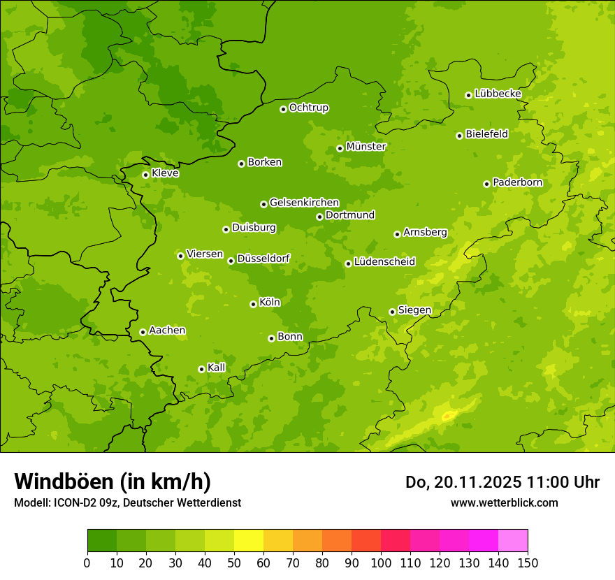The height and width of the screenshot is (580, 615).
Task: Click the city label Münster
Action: tap(366, 147)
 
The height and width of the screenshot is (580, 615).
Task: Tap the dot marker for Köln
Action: tap(253, 304)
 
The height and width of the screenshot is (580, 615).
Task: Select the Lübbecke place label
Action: tap(498, 94)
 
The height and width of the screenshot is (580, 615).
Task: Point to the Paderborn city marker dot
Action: tap(486, 184)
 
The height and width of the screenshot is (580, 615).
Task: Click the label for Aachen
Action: tap(167, 331)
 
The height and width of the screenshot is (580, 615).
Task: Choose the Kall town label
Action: tap(217, 368)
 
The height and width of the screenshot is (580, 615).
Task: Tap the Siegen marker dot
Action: tap(392, 312)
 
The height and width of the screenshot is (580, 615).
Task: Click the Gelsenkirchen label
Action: tap(304, 203)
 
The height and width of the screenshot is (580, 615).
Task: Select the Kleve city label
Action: tap(165, 173)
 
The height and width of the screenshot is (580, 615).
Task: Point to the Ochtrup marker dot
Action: tap(283, 109)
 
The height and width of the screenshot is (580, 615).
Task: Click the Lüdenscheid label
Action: tap(384, 262)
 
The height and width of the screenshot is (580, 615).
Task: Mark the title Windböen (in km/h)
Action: tap(113, 481)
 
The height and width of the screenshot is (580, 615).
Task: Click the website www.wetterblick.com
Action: tap(504, 502)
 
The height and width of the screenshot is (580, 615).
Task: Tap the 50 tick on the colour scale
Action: tap(234, 563)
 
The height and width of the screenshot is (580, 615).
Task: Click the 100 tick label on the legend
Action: tap(381, 563)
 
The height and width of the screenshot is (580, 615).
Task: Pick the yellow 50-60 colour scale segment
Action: tap(249, 541)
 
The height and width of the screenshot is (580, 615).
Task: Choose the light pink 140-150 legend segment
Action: tap(513, 541)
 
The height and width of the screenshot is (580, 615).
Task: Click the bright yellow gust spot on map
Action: tap(448, 416)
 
